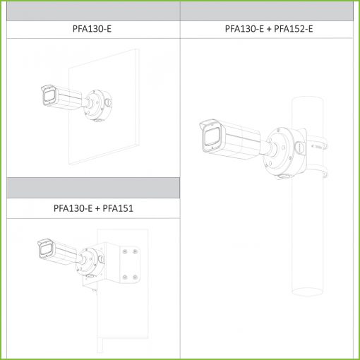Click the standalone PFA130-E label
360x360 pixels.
92,29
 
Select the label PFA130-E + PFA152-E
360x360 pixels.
269,29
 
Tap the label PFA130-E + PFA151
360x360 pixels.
93,208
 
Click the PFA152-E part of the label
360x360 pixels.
294,29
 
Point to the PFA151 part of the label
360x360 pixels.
118,208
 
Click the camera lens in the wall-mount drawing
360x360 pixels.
49,97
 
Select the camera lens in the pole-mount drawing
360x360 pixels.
212,138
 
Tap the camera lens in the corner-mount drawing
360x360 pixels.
45,249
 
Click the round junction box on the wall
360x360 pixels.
97,105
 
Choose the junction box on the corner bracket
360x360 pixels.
90,262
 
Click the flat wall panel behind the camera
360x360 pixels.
104,107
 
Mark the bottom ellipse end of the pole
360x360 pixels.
307,291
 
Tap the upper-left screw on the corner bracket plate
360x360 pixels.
125,252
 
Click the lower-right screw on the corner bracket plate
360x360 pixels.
135,277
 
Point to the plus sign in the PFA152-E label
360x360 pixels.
269,29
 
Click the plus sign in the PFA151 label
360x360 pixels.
97,209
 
